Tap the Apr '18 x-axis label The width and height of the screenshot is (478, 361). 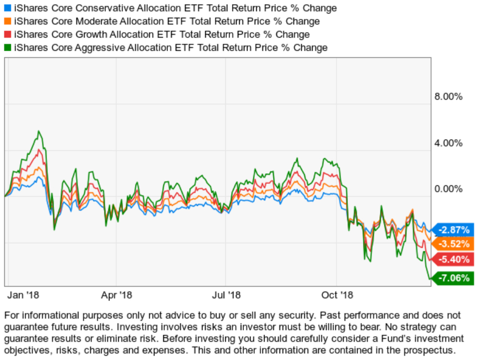click(x=116, y=295)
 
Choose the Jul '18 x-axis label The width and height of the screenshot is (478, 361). click(x=226, y=295)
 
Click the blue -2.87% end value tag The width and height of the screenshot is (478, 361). click(x=454, y=230)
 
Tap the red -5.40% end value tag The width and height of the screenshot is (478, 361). click(x=454, y=259)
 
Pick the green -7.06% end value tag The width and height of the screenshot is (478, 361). click(x=454, y=278)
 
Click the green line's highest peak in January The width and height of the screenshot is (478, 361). click(x=38, y=131)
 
